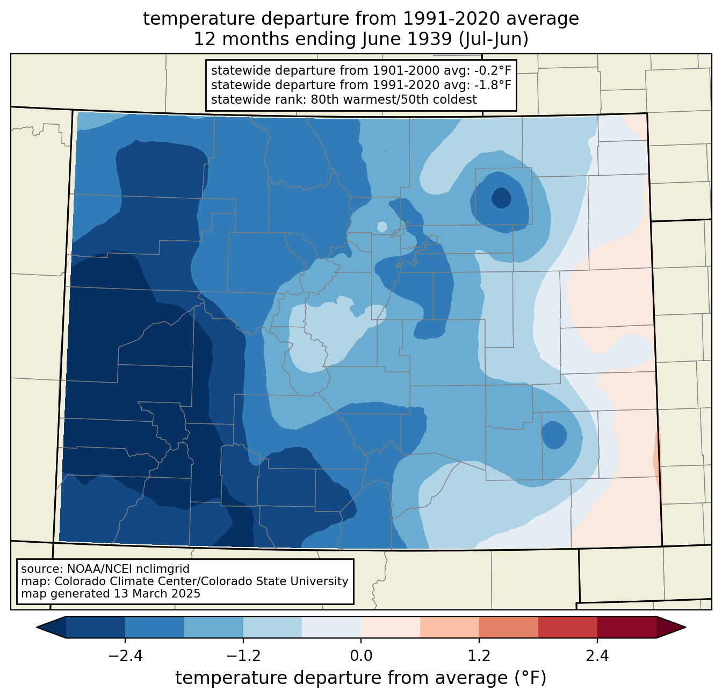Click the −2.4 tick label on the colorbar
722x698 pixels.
125,656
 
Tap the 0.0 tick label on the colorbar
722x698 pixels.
361,656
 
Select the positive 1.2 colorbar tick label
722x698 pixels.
479,656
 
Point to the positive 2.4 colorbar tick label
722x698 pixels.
597,656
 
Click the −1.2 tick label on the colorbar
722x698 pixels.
243,656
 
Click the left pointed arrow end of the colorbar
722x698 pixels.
51,627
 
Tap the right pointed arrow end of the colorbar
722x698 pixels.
671,627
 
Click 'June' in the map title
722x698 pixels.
377,39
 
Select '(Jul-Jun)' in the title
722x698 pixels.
494,39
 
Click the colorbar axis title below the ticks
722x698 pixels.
361,678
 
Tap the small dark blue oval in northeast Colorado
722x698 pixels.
501,198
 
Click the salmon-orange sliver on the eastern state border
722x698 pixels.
657,459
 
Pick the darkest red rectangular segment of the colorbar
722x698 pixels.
627,627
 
